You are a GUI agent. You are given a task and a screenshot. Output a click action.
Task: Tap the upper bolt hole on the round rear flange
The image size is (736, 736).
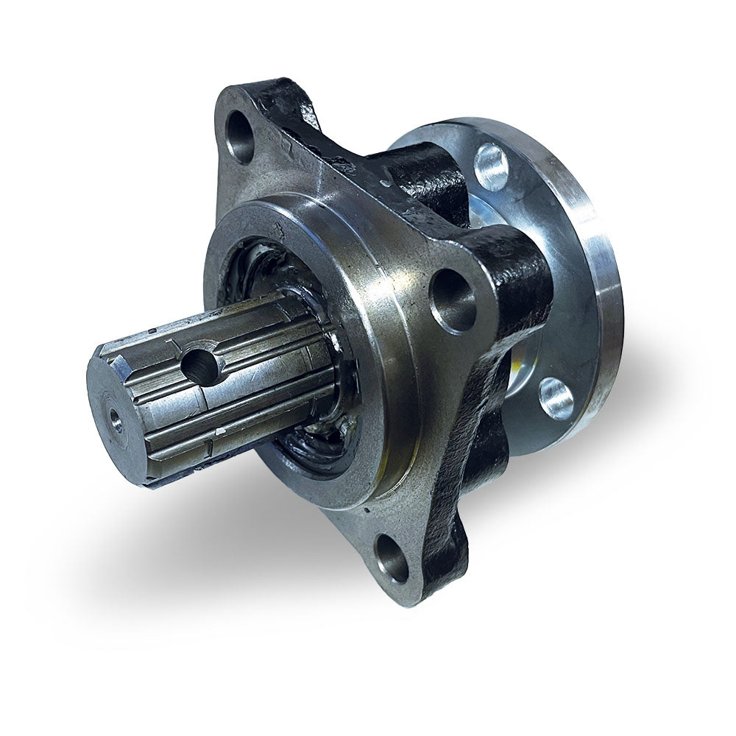pos(492,167)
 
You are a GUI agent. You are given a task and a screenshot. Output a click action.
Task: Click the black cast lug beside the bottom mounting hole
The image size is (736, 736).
pos(449,545)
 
